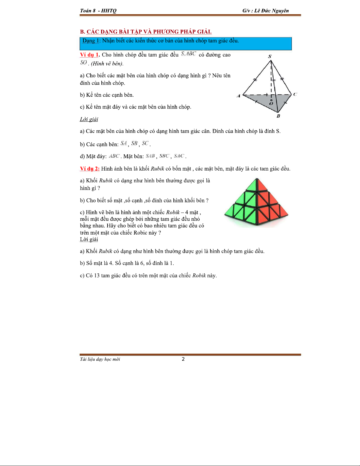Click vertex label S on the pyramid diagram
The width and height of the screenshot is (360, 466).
[x=270, y=56]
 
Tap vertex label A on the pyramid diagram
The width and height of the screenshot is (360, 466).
[x=238, y=96]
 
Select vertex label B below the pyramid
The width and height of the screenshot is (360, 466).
[x=278, y=116]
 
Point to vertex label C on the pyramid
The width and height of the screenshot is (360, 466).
[x=295, y=94]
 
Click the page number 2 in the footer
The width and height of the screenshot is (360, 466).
[x=183, y=359]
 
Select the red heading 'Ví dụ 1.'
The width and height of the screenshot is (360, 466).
[x=90, y=55]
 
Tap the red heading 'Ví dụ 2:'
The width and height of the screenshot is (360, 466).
[x=90, y=169]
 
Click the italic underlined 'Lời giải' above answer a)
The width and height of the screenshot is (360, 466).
[x=89, y=119]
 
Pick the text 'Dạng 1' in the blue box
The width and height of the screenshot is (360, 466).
[x=91, y=41]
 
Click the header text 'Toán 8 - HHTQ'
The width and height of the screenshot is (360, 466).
[x=98, y=11]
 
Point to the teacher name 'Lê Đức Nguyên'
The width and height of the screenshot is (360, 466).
[x=272, y=11]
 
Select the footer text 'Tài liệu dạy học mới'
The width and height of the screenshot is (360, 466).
[x=100, y=359]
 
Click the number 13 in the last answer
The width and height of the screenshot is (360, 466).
[x=97, y=275]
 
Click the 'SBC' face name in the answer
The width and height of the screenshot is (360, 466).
[x=164, y=156]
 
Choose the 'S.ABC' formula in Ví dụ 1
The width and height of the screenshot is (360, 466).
[x=188, y=54]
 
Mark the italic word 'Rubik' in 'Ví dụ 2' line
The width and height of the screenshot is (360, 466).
[x=157, y=169]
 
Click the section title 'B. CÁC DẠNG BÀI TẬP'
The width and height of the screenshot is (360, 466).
[x=146, y=32]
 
